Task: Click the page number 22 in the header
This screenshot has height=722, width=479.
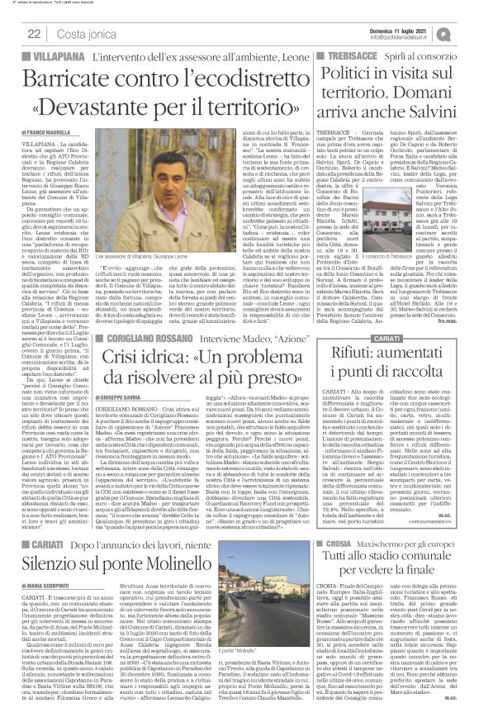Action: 34,32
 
